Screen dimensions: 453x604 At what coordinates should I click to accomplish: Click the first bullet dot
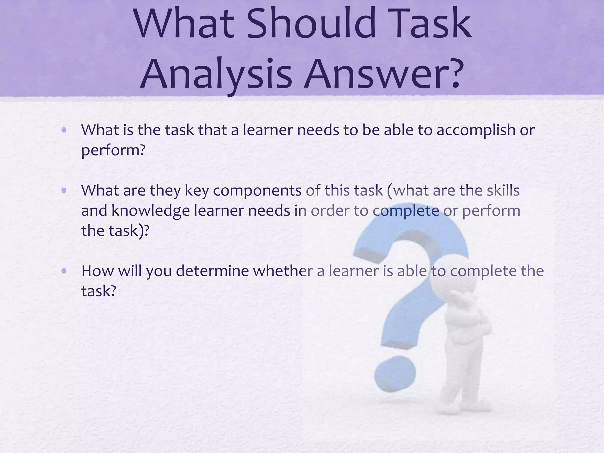pyautogui.click(x=64, y=130)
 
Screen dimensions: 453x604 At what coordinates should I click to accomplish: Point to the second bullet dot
pyautogui.click(x=64, y=191)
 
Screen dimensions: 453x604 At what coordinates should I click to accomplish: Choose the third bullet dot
pyautogui.click(x=64, y=271)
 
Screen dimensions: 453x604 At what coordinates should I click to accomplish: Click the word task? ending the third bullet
pyautogui.click(x=99, y=291)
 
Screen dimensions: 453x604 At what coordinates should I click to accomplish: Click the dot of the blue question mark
pyautogui.click(x=395, y=374)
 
